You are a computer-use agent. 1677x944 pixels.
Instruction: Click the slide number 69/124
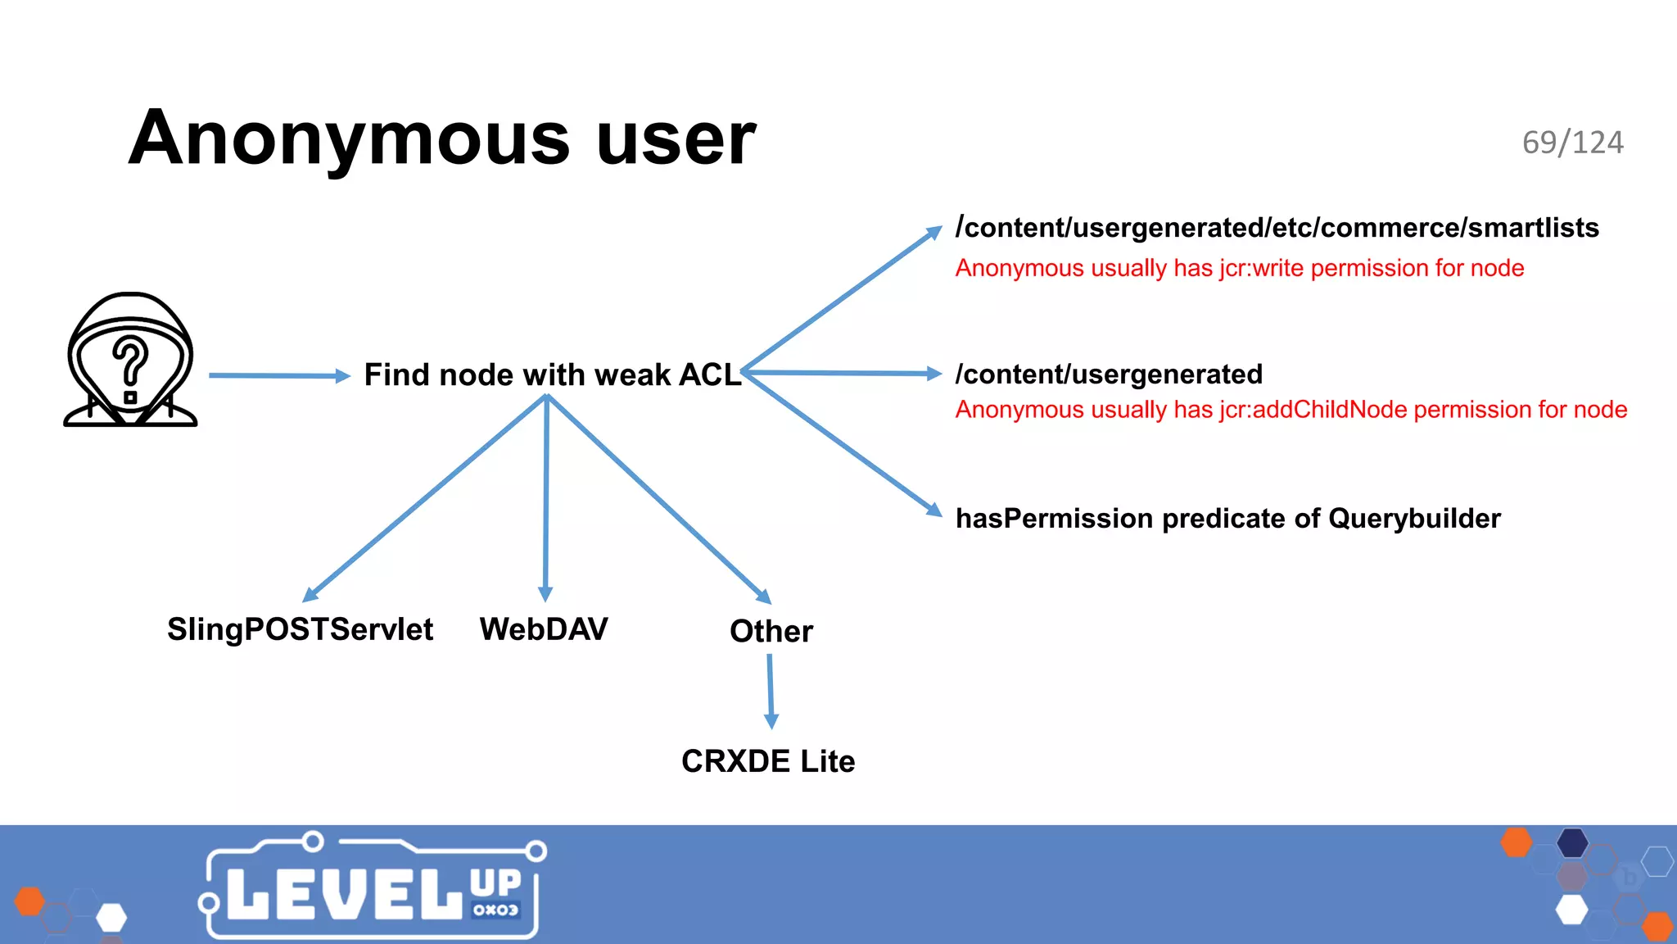coord(1572,143)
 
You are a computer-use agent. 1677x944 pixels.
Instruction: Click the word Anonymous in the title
coord(349,139)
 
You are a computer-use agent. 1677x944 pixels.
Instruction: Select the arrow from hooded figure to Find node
coord(278,375)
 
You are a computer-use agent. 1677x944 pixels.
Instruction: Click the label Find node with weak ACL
coord(552,374)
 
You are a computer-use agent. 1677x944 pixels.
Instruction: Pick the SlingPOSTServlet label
coord(300,629)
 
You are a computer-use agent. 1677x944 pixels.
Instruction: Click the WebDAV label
coord(544,629)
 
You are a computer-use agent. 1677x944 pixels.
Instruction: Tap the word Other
coord(771,631)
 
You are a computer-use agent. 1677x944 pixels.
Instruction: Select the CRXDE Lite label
coord(767,761)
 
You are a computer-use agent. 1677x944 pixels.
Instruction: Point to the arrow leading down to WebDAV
coord(546,500)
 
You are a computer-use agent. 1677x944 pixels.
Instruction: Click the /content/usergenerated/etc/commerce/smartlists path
coord(1276,227)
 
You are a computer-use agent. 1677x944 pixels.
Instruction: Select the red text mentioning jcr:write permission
coord(1239,268)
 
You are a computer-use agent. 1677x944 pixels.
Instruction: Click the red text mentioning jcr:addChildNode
coord(1291,410)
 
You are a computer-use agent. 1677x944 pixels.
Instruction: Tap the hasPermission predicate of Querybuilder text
coord(1227,519)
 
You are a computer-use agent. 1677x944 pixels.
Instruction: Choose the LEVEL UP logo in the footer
coord(373,888)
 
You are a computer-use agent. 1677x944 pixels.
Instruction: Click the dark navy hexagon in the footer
coord(1571,842)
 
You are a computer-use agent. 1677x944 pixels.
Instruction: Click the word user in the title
coord(676,139)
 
